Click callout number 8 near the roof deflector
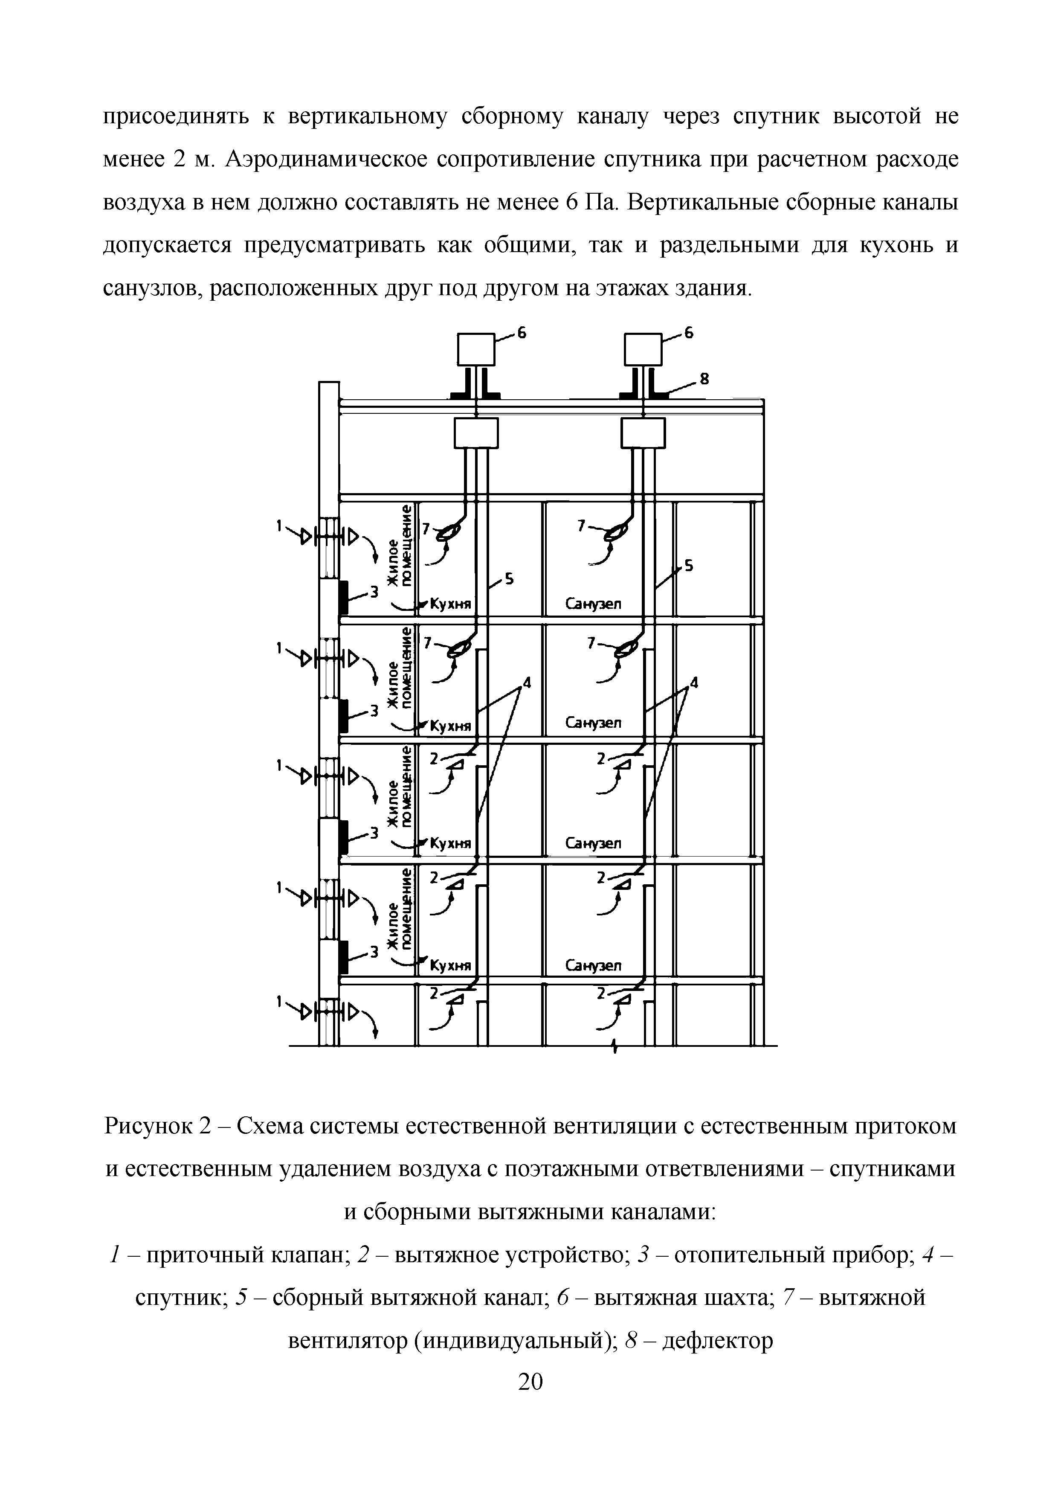(704, 378)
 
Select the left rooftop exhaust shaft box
(477, 349)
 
